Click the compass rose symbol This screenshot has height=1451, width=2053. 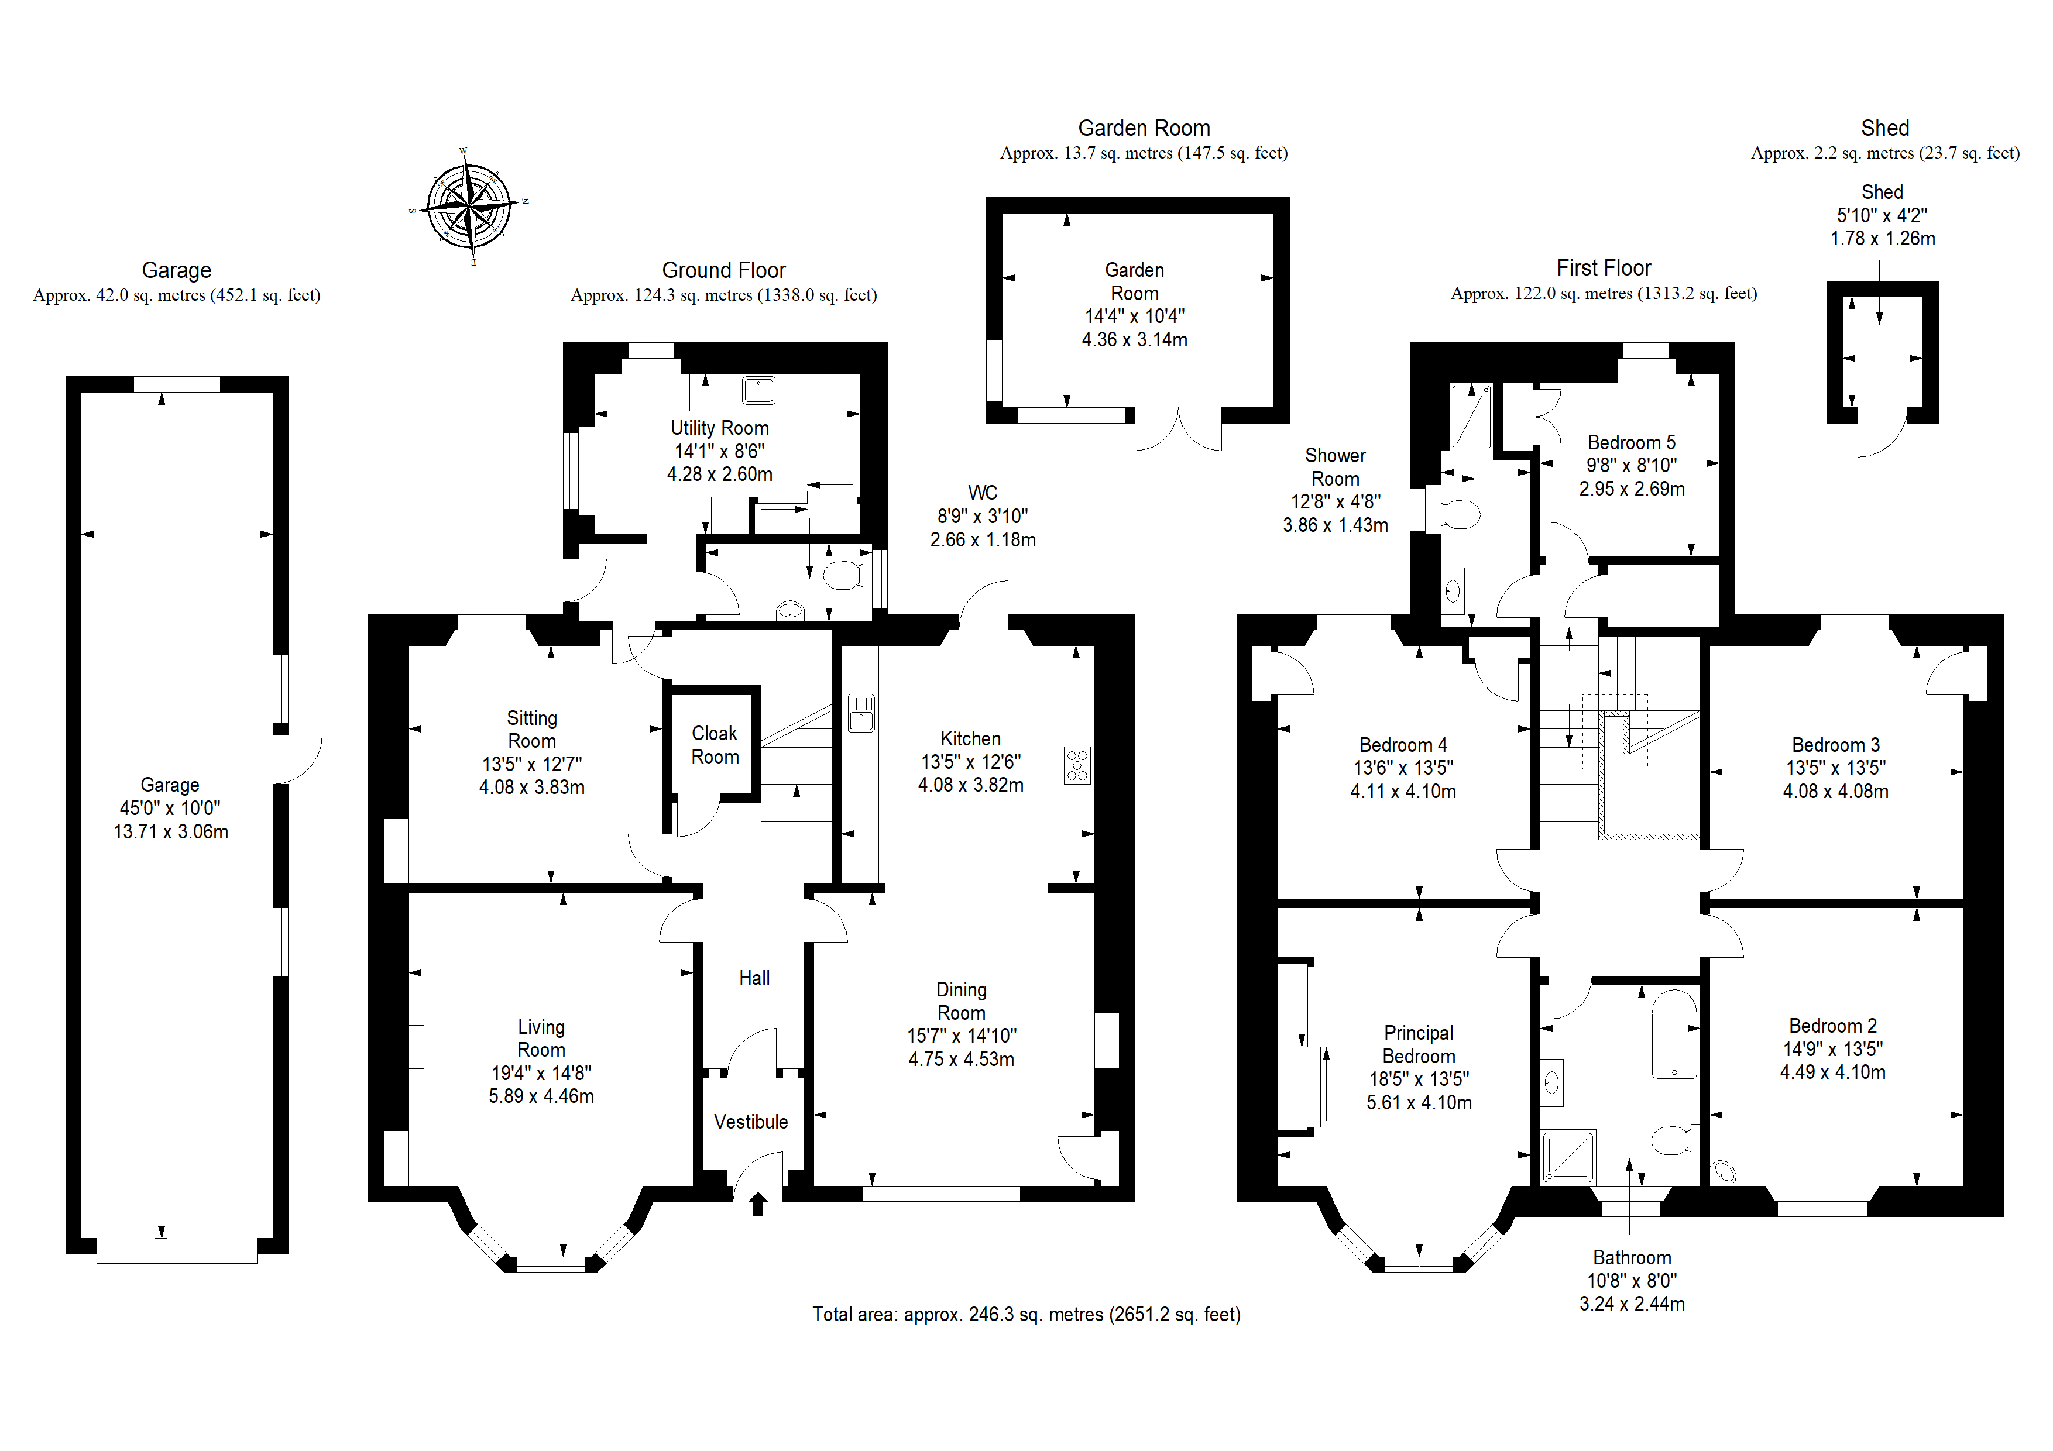coord(469,207)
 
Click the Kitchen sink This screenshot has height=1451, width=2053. coord(861,713)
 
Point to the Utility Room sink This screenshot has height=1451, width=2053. coord(758,391)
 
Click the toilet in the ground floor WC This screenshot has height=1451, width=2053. coord(845,575)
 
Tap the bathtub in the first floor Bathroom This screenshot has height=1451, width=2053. coord(1674,1034)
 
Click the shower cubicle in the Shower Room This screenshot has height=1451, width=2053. coord(1471,417)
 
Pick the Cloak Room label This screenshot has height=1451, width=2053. coord(715,745)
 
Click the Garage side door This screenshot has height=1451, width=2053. coord(300,759)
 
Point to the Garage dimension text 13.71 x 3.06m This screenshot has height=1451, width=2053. coord(171,831)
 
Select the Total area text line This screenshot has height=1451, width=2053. coord(1026,1314)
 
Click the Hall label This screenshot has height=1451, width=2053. coord(754,978)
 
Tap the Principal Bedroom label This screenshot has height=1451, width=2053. coord(1419,1044)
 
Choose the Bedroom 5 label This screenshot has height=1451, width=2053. coord(1632,442)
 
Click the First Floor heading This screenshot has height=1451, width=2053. coord(1604,267)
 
